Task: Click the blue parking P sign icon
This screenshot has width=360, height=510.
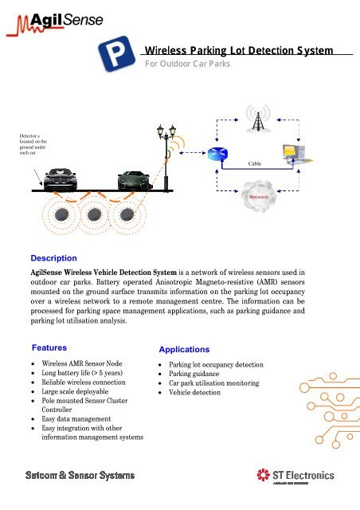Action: click(x=119, y=55)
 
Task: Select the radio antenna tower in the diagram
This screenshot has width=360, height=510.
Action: click(x=257, y=122)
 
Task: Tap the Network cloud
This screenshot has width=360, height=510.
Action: click(x=259, y=196)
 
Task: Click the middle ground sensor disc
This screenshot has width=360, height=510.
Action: click(x=96, y=216)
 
